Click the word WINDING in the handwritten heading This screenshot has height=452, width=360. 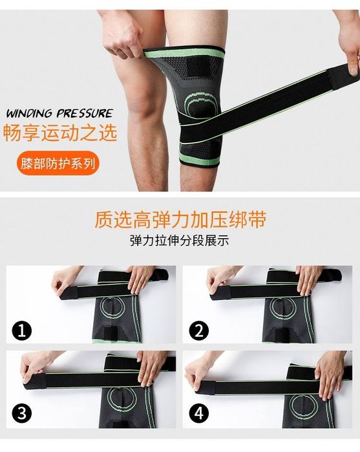coord(30,113)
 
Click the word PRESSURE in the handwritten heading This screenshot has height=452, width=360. coord(84,113)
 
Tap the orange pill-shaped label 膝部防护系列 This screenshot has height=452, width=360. coord(58,164)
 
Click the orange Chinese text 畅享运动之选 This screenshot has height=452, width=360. coord(60,132)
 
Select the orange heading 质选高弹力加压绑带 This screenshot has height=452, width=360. coord(180,219)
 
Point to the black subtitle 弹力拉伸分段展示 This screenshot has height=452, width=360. coord(179,241)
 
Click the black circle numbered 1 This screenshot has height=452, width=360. coord(22,330)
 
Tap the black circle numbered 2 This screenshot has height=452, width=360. coord(199,330)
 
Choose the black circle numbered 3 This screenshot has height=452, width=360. coord(22,414)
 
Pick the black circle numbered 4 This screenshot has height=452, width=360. coord(199,414)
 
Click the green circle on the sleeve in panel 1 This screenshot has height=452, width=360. coord(112,307)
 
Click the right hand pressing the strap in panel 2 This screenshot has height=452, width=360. coord(308,279)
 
